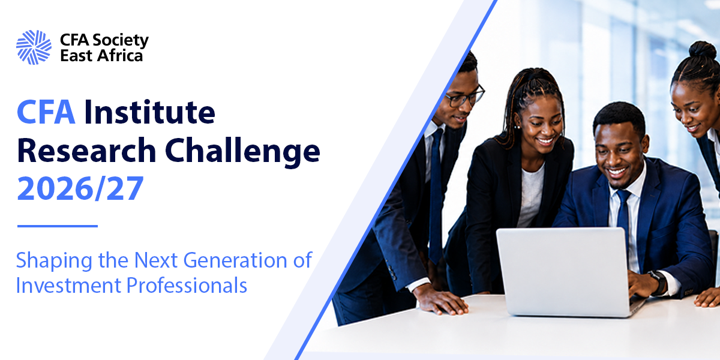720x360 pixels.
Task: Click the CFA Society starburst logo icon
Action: [34, 47]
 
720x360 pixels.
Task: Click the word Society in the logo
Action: [121, 41]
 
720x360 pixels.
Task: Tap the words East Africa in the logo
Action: [101, 55]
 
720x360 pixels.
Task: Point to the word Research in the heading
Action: [86, 150]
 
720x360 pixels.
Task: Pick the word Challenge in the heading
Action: [242, 152]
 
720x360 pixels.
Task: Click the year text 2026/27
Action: [80, 188]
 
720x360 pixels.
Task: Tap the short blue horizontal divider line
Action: [58, 226]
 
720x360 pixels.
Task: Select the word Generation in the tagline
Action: [236, 260]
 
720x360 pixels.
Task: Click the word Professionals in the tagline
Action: [187, 285]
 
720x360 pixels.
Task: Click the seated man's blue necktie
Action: [623, 216]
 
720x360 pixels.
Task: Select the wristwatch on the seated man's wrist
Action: [658, 283]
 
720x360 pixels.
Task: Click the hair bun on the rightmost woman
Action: [703, 51]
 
